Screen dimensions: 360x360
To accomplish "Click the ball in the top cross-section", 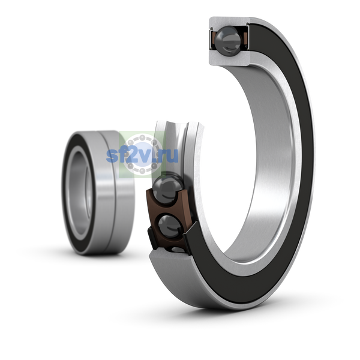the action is point(228,41).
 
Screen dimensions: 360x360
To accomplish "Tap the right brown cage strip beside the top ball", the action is point(245,38).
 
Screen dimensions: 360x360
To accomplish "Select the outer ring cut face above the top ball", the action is point(229,22).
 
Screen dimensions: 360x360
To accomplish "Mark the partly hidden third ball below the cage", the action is point(178,250).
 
